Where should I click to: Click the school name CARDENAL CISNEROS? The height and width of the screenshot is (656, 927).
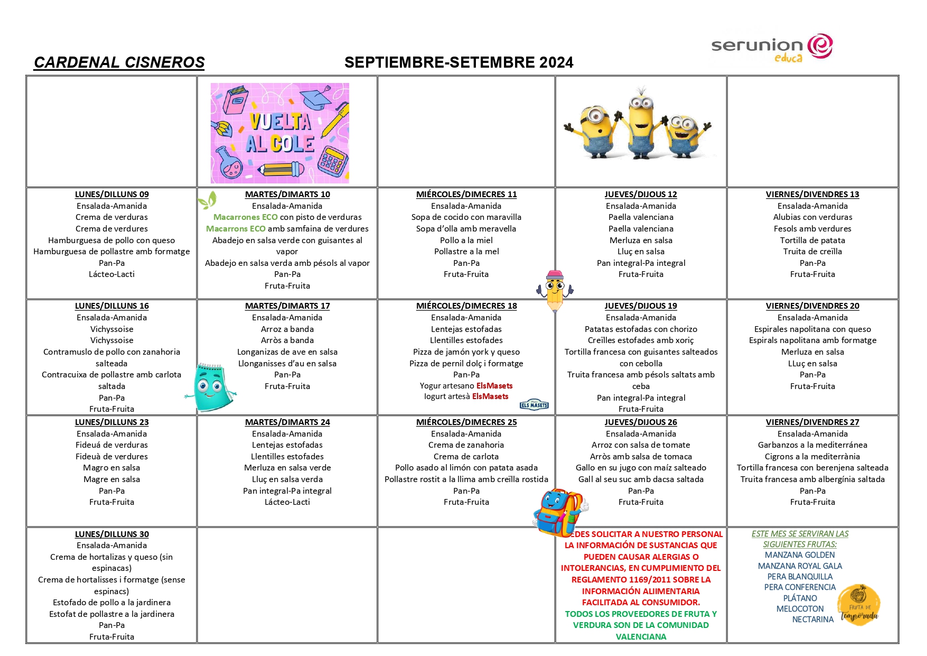[x=119, y=62]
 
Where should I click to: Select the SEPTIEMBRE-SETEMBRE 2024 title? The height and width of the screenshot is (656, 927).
[x=458, y=62]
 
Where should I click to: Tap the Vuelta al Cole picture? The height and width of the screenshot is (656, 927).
[x=280, y=133]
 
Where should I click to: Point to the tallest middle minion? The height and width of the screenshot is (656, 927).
[x=641, y=124]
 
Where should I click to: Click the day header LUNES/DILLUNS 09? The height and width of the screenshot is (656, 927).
[x=111, y=195]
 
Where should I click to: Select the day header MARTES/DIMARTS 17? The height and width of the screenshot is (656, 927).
[x=287, y=306]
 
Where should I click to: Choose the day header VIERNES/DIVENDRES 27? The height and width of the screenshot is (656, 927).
[x=812, y=422]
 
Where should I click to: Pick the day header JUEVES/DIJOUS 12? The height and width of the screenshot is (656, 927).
[x=641, y=195]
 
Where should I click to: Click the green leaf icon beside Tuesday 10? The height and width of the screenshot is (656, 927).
[x=207, y=201]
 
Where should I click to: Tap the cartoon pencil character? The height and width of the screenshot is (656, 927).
[x=555, y=290]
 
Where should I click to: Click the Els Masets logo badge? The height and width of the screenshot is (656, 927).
[x=534, y=405]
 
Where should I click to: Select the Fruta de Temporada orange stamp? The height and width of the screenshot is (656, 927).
[x=859, y=605]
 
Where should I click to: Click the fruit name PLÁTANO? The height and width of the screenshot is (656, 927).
[x=800, y=598]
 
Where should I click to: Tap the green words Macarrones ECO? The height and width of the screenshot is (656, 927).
[x=245, y=217]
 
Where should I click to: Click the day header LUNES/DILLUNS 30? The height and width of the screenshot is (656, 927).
[x=111, y=534]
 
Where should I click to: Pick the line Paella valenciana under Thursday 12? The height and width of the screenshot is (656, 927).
[x=641, y=217]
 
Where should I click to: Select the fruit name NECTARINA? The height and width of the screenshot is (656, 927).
[x=812, y=620]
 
